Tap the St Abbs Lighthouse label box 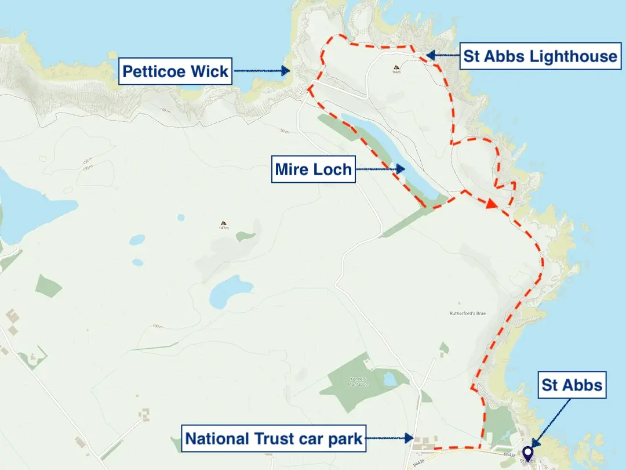pyautogui.click(x=540, y=56)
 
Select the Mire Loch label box pyautogui.click(x=314, y=170)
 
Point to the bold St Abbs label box pyautogui.click(x=572, y=385)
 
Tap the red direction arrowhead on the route pyautogui.click(x=490, y=204)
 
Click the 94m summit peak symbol pyautogui.click(x=396, y=67)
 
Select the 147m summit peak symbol pyautogui.click(x=223, y=223)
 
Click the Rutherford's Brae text pyautogui.click(x=467, y=313)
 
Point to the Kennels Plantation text pyautogui.click(x=358, y=382)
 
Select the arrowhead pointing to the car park pyautogui.click(x=409, y=439)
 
